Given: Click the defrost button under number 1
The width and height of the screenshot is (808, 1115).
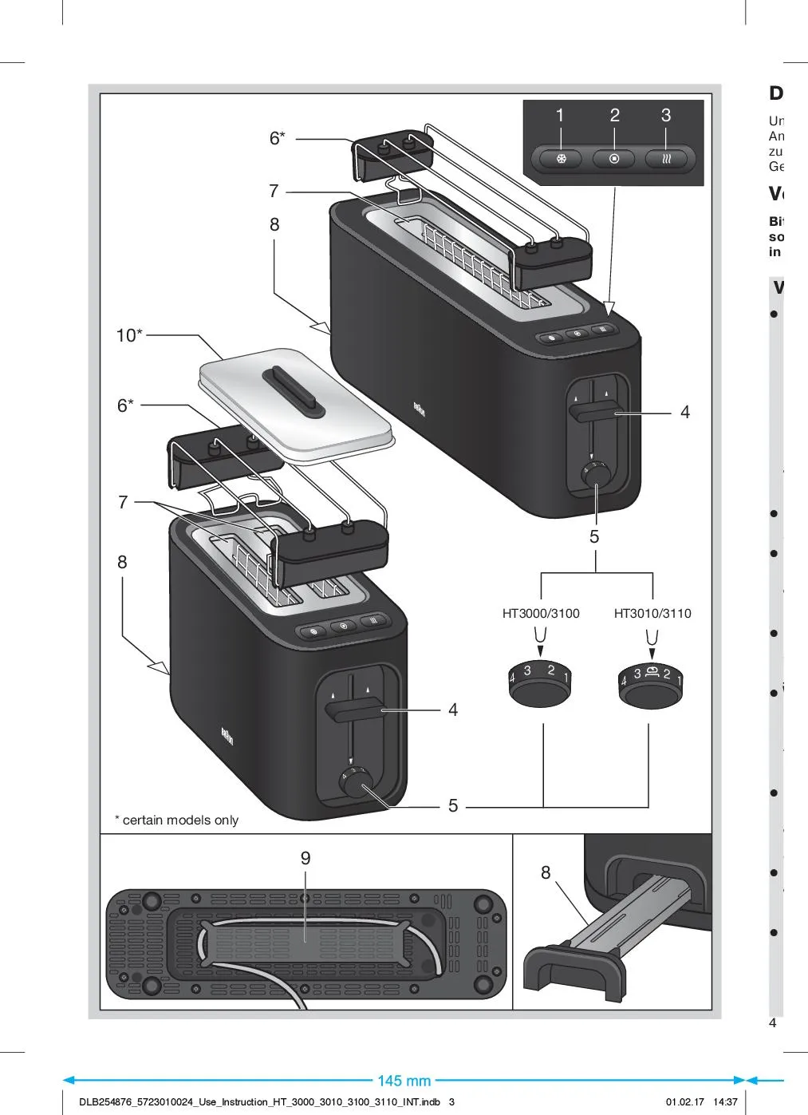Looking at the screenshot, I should pyautogui.click(x=562, y=159).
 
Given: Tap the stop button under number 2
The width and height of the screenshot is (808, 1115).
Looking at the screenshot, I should pyautogui.click(x=614, y=159).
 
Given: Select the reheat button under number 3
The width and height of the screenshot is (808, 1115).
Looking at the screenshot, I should pyautogui.click(x=667, y=159).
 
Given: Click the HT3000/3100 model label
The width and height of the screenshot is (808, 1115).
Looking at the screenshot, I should pyautogui.click(x=541, y=614).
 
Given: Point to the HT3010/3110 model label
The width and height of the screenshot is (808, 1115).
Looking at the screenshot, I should pyautogui.click(x=652, y=614).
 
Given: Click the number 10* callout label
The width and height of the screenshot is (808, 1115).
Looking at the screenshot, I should pyautogui.click(x=129, y=336).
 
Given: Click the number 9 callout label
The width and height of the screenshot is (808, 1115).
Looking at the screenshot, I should pyautogui.click(x=305, y=859).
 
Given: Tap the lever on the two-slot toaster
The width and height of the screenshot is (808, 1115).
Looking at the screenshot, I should pyautogui.click(x=356, y=709).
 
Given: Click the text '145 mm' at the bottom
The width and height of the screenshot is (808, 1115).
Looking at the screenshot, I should pyautogui.click(x=404, y=1081).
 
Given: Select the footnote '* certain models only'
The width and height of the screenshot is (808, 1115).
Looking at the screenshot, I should pyautogui.click(x=176, y=820).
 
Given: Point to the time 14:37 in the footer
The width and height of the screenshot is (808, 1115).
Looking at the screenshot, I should pyautogui.click(x=725, y=1102).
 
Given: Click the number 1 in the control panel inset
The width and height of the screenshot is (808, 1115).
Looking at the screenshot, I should pyautogui.click(x=560, y=116).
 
